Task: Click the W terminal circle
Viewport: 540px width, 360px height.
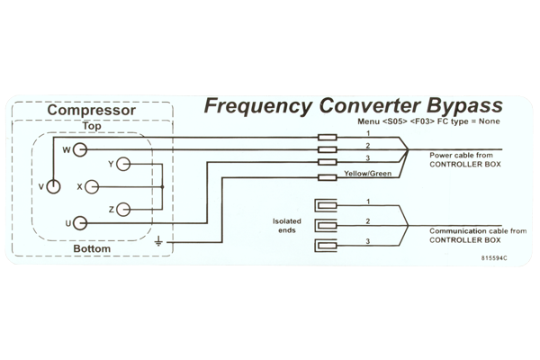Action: pyautogui.click(x=80, y=150)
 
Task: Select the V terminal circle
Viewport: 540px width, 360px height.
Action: pyautogui.click(x=53, y=187)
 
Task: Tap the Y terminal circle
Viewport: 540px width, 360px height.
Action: pyautogui.click(x=123, y=165)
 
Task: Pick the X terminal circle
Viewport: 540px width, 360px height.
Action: pyautogui.click(x=92, y=187)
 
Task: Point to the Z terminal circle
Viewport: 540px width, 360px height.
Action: pyautogui.click(x=123, y=210)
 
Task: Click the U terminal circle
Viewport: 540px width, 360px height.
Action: pyautogui.click(x=80, y=223)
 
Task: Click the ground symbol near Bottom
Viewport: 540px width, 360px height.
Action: pyautogui.click(x=158, y=241)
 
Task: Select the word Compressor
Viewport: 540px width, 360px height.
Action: pyautogui.click(x=92, y=110)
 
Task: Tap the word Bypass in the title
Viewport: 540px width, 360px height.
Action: pyautogui.click(x=464, y=106)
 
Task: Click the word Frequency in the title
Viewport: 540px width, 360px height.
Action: pyautogui.click(x=258, y=106)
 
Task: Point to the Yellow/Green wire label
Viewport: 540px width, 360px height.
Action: pyautogui.click(x=368, y=174)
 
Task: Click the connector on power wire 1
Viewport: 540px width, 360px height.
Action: pyautogui.click(x=328, y=138)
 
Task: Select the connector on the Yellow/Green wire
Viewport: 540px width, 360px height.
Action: pyautogui.click(x=328, y=178)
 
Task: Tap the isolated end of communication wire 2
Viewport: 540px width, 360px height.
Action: pyautogui.click(x=326, y=226)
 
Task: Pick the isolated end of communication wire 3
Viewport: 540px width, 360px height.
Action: pyautogui.click(x=326, y=246)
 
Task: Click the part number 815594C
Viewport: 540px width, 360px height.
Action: pyautogui.click(x=494, y=258)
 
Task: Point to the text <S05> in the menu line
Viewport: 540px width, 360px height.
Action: pyautogui.click(x=395, y=121)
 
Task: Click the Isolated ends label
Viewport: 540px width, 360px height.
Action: pyautogui.click(x=287, y=226)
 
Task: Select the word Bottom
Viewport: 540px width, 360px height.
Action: pyautogui.click(x=92, y=248)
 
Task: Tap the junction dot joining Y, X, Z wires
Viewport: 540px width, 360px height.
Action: pyautogui.click(x=163, y=187)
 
